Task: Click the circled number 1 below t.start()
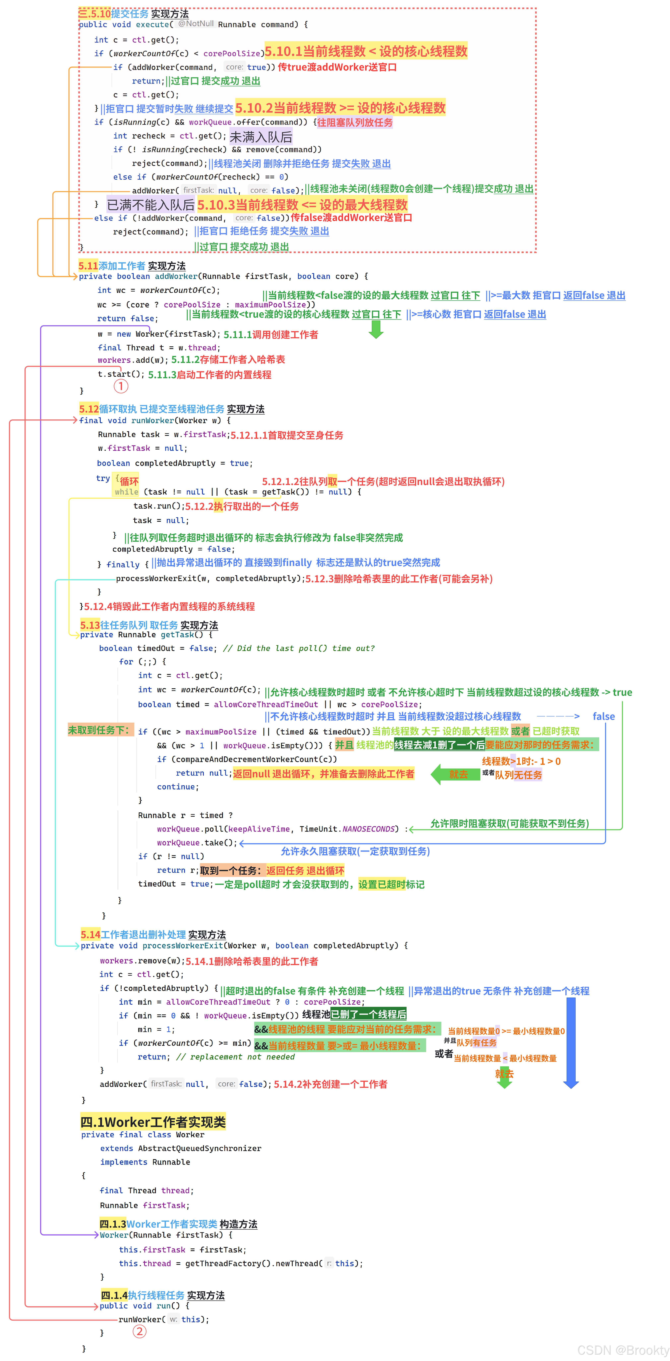click(x=121, y=386)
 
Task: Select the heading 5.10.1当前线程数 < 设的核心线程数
click(x=366, y=51)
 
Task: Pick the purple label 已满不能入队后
click(x=151, y=205)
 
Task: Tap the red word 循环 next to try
click(x=129, y=481)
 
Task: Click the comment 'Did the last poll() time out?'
click(x=299, y=648)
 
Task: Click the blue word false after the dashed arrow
click(x=603, y=716)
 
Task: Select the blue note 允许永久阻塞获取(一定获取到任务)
click(x=355, y=851)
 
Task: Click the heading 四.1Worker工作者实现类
click(x=153, y=1122)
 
